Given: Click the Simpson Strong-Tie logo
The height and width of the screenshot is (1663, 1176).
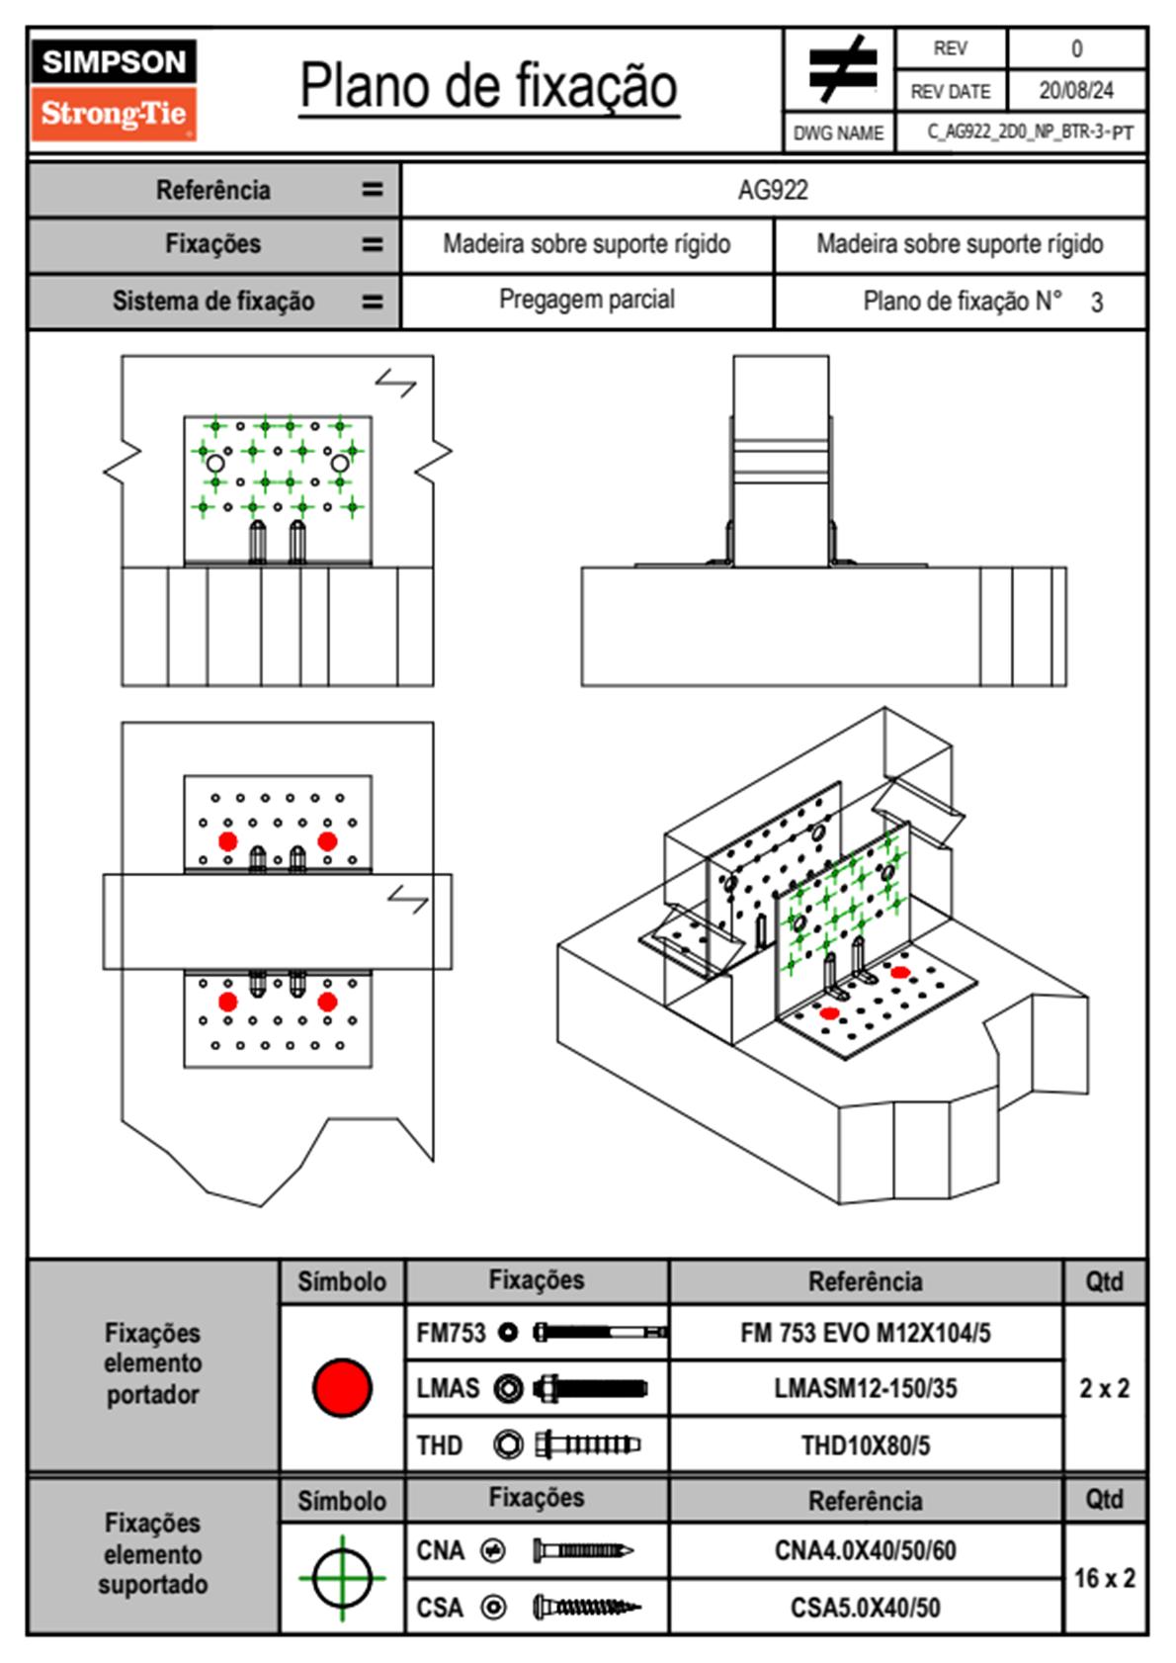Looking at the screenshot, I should point(113,89).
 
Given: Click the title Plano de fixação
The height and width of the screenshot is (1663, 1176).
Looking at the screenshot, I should point(488,86).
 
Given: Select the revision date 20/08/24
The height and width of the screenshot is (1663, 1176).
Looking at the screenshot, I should point(1075,91).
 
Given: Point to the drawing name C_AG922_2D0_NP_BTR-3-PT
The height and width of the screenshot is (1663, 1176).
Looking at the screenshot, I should point(1030,132).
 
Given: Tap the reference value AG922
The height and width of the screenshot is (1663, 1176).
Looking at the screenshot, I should point(773,190).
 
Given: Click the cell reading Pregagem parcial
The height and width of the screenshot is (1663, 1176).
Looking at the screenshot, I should point(587,300).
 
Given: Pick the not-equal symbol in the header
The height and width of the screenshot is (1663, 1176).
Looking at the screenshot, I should point(841,69).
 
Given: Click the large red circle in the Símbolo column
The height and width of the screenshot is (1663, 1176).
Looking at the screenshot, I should point(342,1387).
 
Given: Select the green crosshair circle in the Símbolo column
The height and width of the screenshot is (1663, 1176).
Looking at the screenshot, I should point(342,1578).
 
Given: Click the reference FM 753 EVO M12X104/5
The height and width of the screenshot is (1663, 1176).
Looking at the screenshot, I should point(865,1333).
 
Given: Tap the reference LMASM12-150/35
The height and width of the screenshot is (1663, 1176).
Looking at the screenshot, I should point(865,1388).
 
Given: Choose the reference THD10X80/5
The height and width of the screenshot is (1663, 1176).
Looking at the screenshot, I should point(865,1445).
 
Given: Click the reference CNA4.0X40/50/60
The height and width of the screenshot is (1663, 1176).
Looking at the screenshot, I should point(865,1550).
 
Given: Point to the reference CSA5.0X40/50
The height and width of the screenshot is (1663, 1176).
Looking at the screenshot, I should point(865,1608).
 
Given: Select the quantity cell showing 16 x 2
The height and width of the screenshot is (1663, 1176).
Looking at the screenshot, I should point(1104,1578).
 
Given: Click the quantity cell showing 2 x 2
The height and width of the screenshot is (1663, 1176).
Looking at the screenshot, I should point(1104,1388).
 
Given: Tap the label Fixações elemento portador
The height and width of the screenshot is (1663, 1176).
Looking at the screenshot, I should point(152,1363).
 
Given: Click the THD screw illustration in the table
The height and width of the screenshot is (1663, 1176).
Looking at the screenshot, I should point(587,1444).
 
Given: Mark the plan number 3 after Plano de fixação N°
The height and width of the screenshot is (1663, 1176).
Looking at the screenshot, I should point(1097,303).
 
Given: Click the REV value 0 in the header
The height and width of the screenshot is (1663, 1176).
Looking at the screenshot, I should point(1076,48).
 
